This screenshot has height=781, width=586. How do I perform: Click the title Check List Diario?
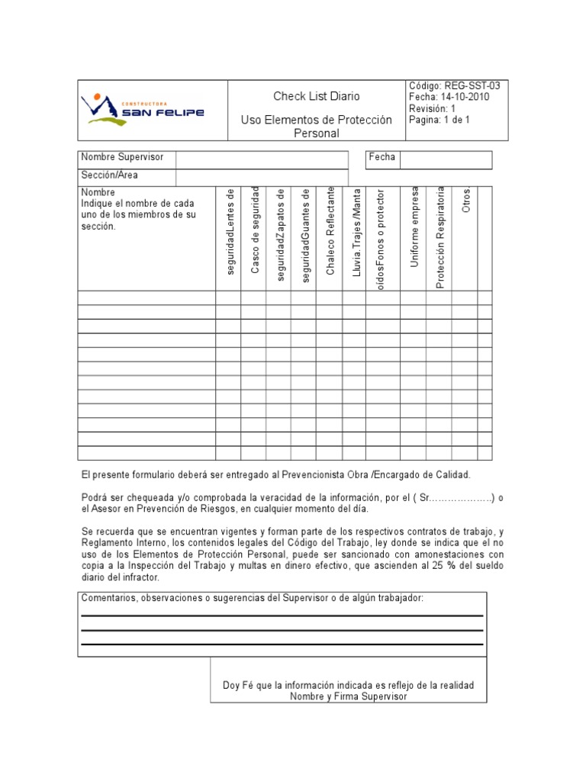tap(317, 96)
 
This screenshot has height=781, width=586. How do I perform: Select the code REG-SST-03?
tap(472, 86)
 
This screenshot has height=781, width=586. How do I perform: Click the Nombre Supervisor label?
tap(122, 157)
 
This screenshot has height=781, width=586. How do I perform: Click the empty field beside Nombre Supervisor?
tap(261, 159)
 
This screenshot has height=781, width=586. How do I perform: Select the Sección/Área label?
tap(110, 175)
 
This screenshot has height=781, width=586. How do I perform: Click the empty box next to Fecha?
tap(446, 159)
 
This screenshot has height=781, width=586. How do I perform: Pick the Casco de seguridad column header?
tap(255, 230)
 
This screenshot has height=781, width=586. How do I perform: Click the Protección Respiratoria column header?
tap(439, 238)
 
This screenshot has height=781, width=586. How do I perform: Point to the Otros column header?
tap(465, 200)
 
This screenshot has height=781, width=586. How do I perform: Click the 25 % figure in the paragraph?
tap(456, 566)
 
